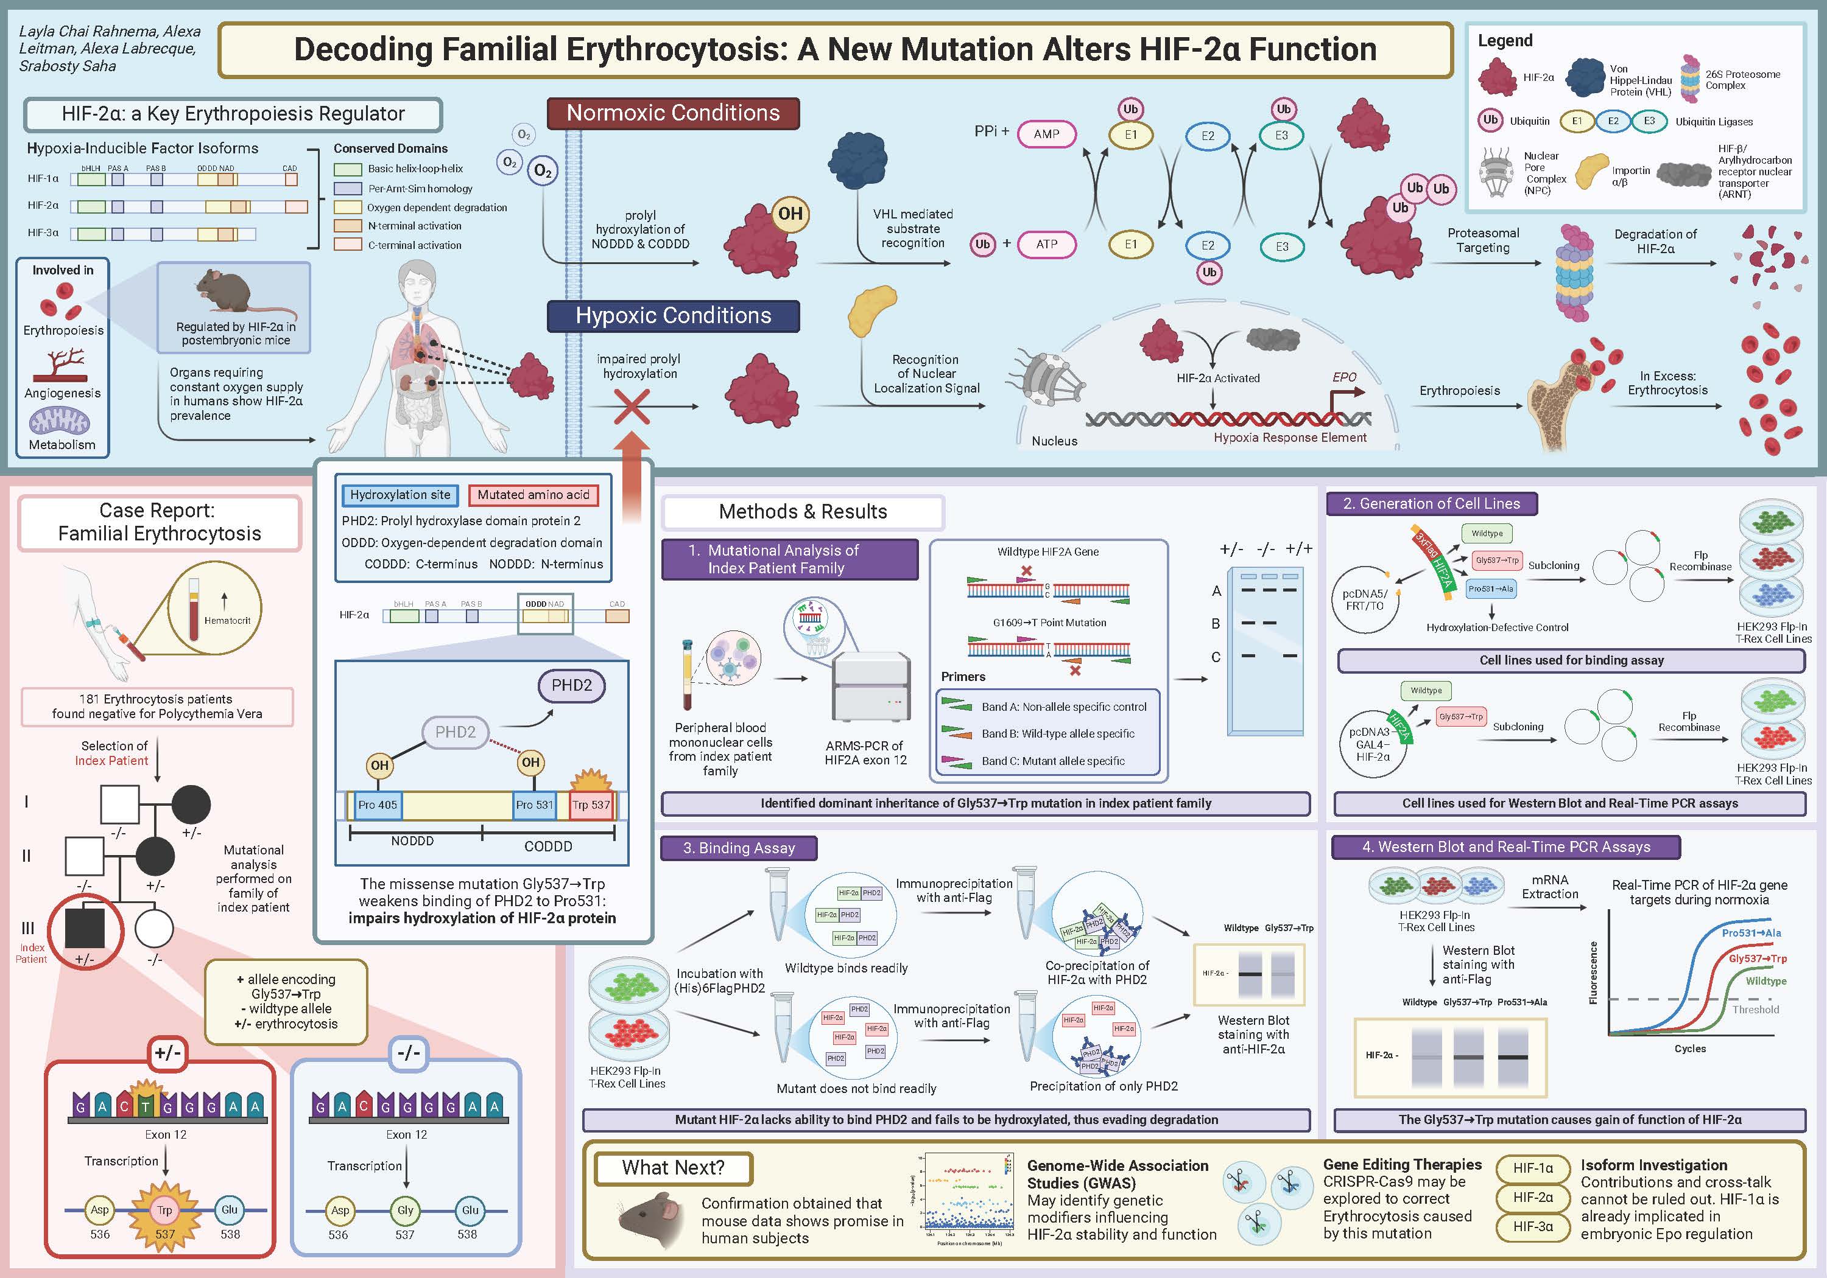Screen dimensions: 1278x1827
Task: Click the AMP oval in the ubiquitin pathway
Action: pyautogui.click(x=1046, y=134)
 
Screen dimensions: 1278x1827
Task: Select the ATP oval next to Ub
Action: pyautogui.click(x=1046, y=244)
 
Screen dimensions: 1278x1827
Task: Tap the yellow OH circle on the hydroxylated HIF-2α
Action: pyautogui.click(x=789, y=214)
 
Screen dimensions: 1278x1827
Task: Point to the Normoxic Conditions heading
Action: pyautogui.click(x=673, y=113)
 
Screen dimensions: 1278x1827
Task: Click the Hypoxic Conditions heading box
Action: pyautogui.click(x=673, y=316)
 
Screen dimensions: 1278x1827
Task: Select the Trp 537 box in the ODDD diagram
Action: pyautogui.click(x=591, y=805)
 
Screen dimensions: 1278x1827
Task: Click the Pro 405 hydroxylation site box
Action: pyautogui.click(x=377, y=805)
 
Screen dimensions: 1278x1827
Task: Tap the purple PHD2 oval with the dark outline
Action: pyautogui.click(x=571, y=685)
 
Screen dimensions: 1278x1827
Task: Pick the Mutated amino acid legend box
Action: pyautogui.click(x=533, y=495)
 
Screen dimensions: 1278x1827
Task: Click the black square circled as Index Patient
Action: pyautogui.click(x=85, y=928)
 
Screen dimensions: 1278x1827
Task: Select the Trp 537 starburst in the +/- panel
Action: pyautogui.click(x=164, y=1210)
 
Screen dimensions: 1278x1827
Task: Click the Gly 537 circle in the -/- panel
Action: pyautogui.click(x=405, y=1210)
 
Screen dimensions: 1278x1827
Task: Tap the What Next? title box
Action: pyautogui.click(x=673, y=1167)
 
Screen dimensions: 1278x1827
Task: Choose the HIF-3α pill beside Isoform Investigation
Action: pyautogui.click(x=1533, y=1226)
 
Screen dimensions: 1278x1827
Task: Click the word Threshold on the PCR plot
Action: pyautogui.click(x=1755, y=1009)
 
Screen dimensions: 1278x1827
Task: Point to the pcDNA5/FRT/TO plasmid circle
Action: pyautogui.click(x=1365, y=599)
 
